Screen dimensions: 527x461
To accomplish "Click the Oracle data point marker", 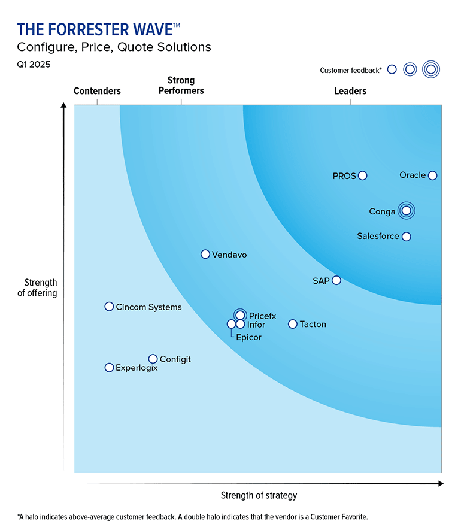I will pyautogui.click(x=433, y=175).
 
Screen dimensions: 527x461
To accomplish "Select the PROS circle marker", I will pyautogui.click(x=362, y=176).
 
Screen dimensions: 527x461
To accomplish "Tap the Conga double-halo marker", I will pyautogui.click(x=407, y=210).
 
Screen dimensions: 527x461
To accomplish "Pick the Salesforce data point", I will pyautogui.click(x=407, y=237).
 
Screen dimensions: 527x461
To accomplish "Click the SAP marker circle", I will pyautogui.click(x=336, y=280).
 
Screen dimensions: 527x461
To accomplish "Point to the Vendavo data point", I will pyautogui.click(x=205, y=255).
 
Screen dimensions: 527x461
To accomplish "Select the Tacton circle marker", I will pyautogui.click(x=293, y=324).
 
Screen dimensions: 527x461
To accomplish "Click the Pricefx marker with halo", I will pyautogui.click(x=240, y=315).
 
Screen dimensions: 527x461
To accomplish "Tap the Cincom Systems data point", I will pyautogui.click(x=109, y=307).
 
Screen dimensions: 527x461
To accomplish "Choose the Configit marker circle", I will pyautogui.click(x=153, y=359).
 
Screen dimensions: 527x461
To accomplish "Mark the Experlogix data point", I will pyautogui.click(x=109, y=368).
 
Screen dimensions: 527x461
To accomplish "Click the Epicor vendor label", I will pyautogui.click(x=248, y=337).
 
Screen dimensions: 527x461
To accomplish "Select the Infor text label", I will pyautogui.click(x=256, y=325).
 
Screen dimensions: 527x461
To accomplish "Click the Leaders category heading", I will pyautogui.click(x=350, y=91).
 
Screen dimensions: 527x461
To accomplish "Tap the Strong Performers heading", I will pyautogui.click(x=181, y=86).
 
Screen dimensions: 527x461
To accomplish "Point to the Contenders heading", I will pyautogui.click(x=97, y=91).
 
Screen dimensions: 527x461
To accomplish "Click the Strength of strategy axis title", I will pyautogui.click(x=259, y=495).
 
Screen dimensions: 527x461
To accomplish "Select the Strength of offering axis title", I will pyautogui.click(x=41, y=287).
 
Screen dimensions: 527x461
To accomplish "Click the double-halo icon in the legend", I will pyautogui.click(x=430, y=69).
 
